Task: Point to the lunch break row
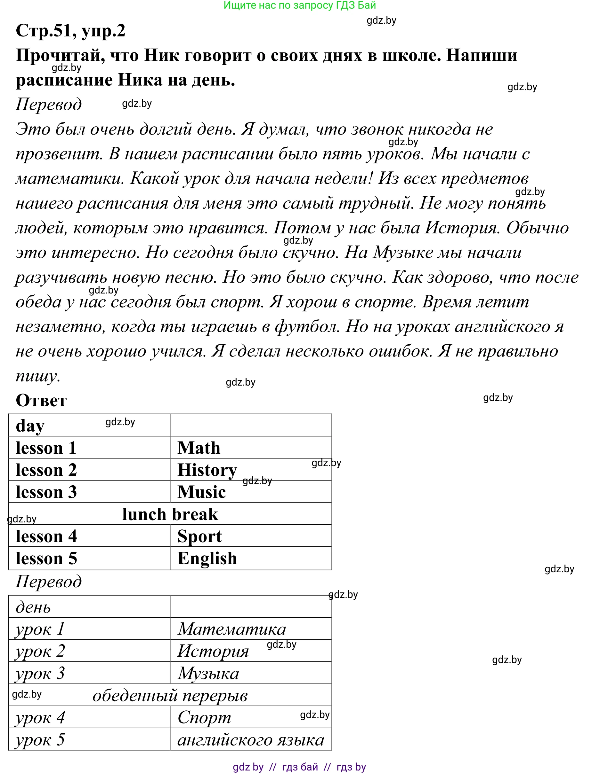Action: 170,514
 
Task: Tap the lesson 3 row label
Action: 46,492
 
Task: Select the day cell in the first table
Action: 30,426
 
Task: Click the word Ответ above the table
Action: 41,401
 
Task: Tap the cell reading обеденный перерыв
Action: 170,696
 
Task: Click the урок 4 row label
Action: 40,718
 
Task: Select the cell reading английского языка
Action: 250,740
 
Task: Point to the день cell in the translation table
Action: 33,607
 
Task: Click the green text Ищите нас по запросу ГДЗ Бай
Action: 299,5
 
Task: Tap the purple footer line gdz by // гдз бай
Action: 299,767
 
